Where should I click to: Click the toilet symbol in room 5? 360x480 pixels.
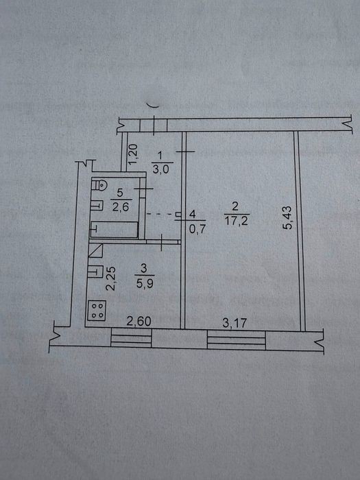(x=99, y=184)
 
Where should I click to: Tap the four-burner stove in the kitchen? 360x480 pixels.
(x=97, y=311)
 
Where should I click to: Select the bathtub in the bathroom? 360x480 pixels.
(x=114, y=230)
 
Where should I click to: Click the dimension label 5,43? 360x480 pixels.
(x=288, y=217)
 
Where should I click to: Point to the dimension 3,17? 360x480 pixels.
(x=235, y=323)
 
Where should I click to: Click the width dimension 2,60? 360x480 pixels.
(x=139, y=322)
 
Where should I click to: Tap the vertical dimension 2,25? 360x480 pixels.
(x=110, y=278)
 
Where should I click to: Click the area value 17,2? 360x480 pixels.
(x=237, y=220)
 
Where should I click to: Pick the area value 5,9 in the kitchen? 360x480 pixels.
(x=144, y=283)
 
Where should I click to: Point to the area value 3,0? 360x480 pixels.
(x=161, y=169)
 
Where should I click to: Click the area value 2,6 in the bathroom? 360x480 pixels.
(x=120, y=207)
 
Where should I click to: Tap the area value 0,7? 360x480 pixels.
(x=196, y=228)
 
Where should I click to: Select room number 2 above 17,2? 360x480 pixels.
(x=235, y=206)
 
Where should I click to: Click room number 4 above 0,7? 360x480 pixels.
(x=192, y=214)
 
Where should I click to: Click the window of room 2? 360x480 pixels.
(x=237, y=340)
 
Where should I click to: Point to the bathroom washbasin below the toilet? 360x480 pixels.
(x=97, y=205)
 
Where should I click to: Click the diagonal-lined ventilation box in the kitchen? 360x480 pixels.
(x=95, y=250)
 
